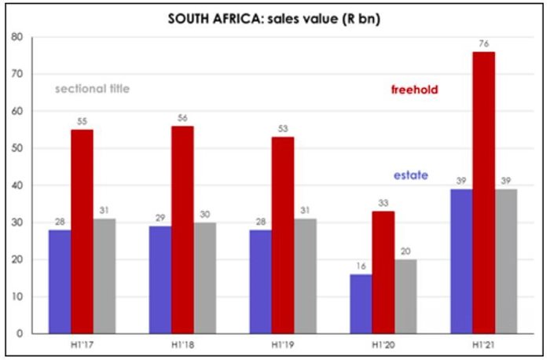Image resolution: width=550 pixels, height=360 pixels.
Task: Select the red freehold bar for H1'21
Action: pos(484,193)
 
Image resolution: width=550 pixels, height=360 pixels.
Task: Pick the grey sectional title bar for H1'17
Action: pos(104,276)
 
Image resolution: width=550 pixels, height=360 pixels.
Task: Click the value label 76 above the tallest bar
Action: pos(484,44)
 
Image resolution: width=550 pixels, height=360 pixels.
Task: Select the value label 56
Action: pos(182,118)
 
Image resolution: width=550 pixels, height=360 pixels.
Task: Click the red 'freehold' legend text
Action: pos(414,90)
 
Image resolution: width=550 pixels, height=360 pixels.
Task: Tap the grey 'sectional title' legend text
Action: pos(93,88)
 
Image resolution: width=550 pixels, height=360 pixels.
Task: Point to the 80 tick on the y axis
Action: pos(16,37)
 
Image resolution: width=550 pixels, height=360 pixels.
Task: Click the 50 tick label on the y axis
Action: pos(16,149)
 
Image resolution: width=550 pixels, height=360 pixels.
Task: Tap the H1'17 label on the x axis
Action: pos(81,347)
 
